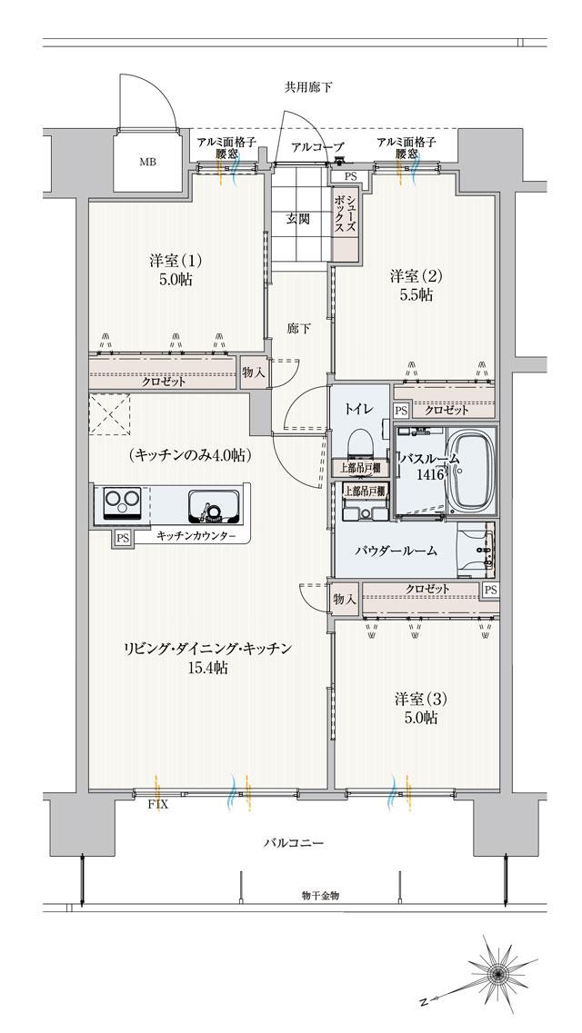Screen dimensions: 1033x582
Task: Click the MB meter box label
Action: coord(146,164)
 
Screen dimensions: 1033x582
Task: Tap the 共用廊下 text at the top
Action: coord(308,87)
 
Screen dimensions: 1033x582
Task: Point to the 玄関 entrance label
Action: coord(299,218)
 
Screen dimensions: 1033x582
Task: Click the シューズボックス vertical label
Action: coord(345,216)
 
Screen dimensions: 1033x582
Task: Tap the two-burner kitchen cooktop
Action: coord(120,502)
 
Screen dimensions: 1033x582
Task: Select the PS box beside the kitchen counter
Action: coord(121,538)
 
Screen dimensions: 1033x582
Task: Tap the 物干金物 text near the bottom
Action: coord(320,895)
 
